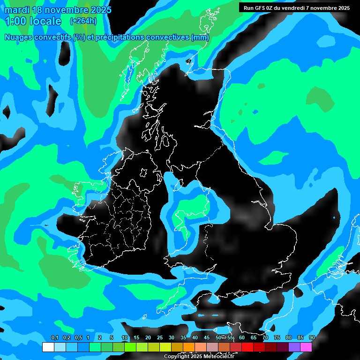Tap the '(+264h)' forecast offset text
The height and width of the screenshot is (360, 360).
[x=83, y=21]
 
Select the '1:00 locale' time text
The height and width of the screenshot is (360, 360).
[x=33, y=21]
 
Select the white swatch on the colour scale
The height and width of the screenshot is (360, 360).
[x=48, y=347]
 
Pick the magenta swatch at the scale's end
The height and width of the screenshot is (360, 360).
[x=306, y=347]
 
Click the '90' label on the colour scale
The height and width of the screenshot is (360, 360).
[x=312, y=337]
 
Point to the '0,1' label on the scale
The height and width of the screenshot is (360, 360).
[x=54, y=337]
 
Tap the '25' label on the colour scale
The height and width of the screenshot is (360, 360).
[x=160, y=337]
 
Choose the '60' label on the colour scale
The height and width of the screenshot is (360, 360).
[x=242, y=337]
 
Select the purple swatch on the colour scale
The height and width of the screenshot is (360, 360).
[x=294, y=347]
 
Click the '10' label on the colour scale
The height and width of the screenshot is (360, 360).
[x=125, y=337]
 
